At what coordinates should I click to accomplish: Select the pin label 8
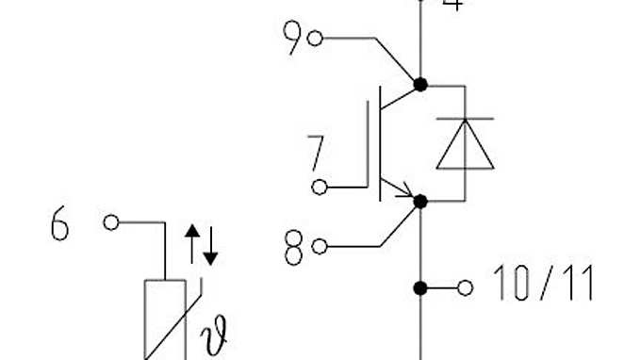click(294, 247)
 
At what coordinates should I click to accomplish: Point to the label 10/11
click(544, 284)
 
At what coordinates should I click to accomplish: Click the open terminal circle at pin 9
click(316, 39)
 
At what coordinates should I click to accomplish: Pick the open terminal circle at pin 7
click(320, 187)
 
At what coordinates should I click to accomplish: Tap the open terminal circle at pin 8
click(319, 247)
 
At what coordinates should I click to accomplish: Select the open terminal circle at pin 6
click(111, 222)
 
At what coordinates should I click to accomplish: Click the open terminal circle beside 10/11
click(465, 287)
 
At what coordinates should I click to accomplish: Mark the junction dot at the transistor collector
click(420, 85)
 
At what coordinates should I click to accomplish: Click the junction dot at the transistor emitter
click(420, 201)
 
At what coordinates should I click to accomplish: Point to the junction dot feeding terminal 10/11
click(420, 287)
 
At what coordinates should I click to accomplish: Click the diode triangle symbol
click(465, 146)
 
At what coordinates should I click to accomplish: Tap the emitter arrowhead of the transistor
click(406, 194)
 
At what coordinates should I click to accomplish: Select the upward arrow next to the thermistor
click(191, 244)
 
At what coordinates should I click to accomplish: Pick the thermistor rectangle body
click(165, 320)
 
